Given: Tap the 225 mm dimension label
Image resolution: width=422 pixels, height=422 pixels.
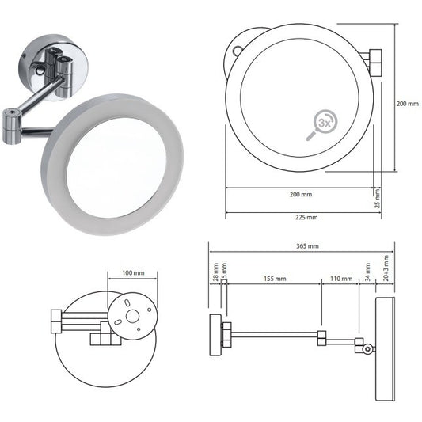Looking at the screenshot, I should click(304, 217).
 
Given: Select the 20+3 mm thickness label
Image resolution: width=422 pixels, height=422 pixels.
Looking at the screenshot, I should click(385, 269).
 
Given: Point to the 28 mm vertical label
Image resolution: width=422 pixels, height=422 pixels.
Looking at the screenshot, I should click(215, 274).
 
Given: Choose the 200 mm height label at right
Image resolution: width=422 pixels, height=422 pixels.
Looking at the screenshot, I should click(409, 103).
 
